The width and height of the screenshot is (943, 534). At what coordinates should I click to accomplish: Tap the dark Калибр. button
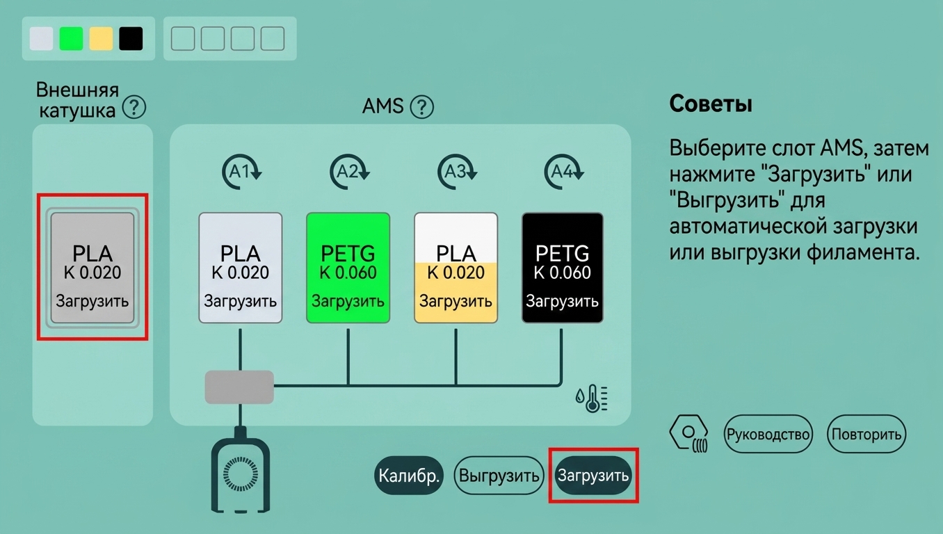point(408,475)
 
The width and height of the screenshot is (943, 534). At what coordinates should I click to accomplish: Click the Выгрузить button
point(499,475)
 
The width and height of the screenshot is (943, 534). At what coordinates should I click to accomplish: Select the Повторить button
point(867,434)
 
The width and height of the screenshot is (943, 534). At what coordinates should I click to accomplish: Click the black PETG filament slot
point(563,268)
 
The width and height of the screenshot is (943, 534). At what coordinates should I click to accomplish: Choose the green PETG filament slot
point(348,268)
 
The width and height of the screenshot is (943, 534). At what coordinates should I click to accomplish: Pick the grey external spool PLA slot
point(92,268)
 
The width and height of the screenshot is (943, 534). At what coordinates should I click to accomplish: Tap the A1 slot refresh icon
point(241,171)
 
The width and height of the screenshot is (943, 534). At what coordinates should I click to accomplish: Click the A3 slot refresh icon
point(457,171)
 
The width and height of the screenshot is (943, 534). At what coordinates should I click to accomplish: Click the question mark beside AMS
point(422,107)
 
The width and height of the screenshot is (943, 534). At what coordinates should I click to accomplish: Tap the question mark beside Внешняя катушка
point(134,107)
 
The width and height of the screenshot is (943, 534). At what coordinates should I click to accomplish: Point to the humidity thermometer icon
point(592,398)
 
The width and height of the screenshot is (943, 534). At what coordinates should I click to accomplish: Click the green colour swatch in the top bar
point(71,39)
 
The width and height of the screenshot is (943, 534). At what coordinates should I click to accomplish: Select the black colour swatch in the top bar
point(131,39)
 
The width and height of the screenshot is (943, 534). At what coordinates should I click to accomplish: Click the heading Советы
point(711,104)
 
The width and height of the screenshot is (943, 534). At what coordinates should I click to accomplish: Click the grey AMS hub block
point(239,387)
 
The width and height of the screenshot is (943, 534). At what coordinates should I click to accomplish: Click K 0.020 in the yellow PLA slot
point(456,273)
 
